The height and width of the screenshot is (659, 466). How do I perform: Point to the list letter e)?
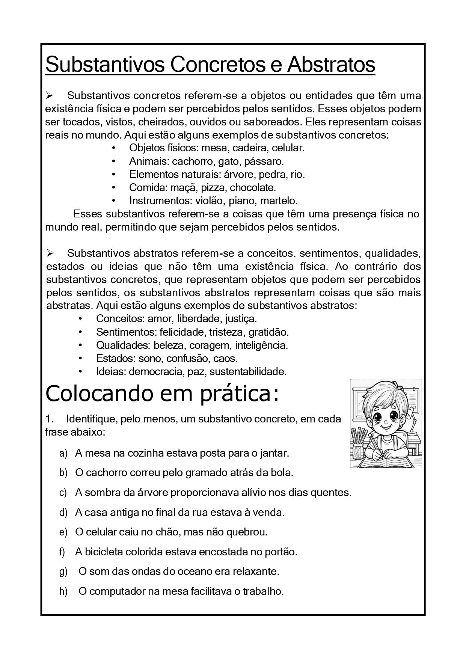coord(63,532)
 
